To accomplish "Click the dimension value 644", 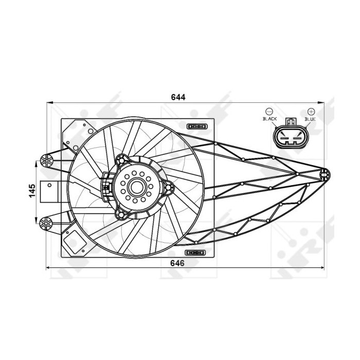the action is [x=178, y=97].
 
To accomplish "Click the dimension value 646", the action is [x=177, y=263].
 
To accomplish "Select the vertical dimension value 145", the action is [x=32, y=190].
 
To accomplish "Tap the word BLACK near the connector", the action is [x=270, y=119].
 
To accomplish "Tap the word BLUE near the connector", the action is [x=310, y=119].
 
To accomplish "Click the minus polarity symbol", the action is [x=269, y=112].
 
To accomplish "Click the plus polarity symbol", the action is [x=311, y=112].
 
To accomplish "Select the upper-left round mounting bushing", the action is [x=47, y=160].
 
